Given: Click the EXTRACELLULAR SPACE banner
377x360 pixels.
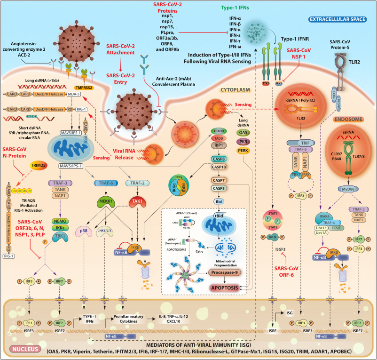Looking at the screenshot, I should (x=339, y=20).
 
